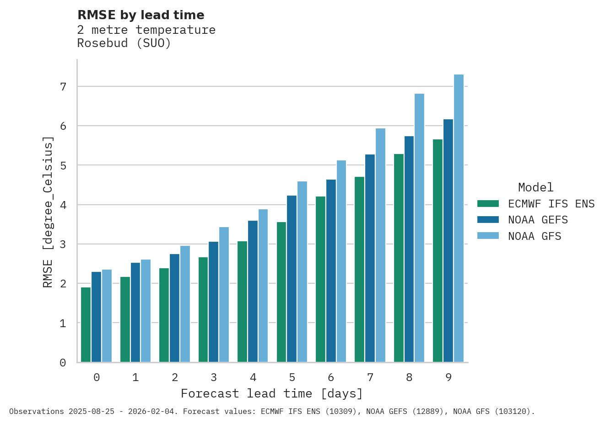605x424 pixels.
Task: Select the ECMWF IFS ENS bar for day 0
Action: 86,325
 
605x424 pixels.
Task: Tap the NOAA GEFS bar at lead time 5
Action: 292,279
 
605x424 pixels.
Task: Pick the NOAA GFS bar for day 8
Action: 419,228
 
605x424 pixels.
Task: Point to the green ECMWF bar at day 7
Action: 359,270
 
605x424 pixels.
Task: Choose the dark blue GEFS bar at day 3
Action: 213,302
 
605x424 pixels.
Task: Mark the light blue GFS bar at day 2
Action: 185,304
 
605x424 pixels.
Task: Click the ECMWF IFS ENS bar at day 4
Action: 242,302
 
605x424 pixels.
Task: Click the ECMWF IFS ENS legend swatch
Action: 488,204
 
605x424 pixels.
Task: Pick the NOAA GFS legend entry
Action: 535,237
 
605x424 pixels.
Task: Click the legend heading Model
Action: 535,187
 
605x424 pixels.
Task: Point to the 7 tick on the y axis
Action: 63,86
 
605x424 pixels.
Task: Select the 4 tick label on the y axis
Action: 63,205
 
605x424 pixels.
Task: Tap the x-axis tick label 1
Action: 135,378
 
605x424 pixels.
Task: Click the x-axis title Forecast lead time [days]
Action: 272,393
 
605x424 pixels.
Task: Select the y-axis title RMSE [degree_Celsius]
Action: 48,212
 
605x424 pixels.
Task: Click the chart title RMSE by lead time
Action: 141,15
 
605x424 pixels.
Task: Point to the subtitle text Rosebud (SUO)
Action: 124,43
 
